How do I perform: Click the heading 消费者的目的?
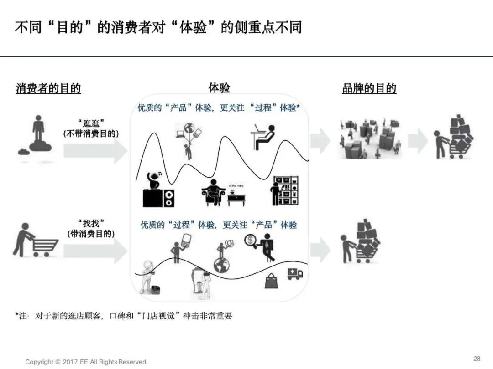click(x=48, y=88)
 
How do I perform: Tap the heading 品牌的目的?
click(x=369, y=88)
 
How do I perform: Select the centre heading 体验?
click(x=219, y=88)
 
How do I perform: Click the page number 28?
click(x=477, y=359)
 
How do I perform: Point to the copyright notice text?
click(x=86, y=362)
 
